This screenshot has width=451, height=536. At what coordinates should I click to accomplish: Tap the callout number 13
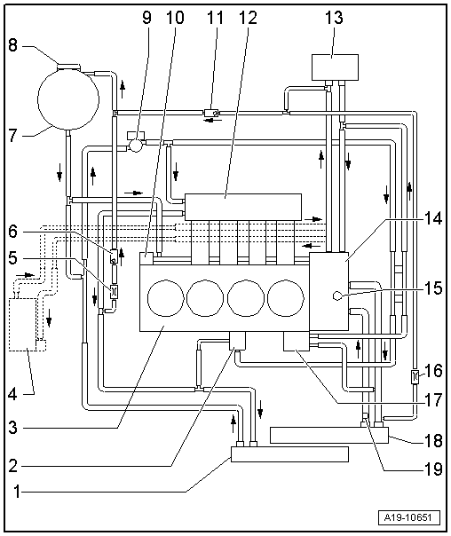(x=332, y=16)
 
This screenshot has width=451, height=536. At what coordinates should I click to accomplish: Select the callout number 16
(x=433, y=370)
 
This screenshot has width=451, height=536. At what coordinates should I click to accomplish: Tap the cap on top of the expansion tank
(x=67, y=62)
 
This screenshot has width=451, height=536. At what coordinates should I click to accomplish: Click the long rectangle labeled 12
(x=242, y=207)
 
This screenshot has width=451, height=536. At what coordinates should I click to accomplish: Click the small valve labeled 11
(x=211, y=113)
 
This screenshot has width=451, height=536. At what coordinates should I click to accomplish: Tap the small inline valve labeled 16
(x=415, y=376)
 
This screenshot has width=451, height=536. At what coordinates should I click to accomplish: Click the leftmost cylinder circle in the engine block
(x=166, y=298)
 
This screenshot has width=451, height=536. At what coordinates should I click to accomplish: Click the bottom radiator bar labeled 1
(x=289, y=455)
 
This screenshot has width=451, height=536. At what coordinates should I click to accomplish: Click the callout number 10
(x=171, y=16)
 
